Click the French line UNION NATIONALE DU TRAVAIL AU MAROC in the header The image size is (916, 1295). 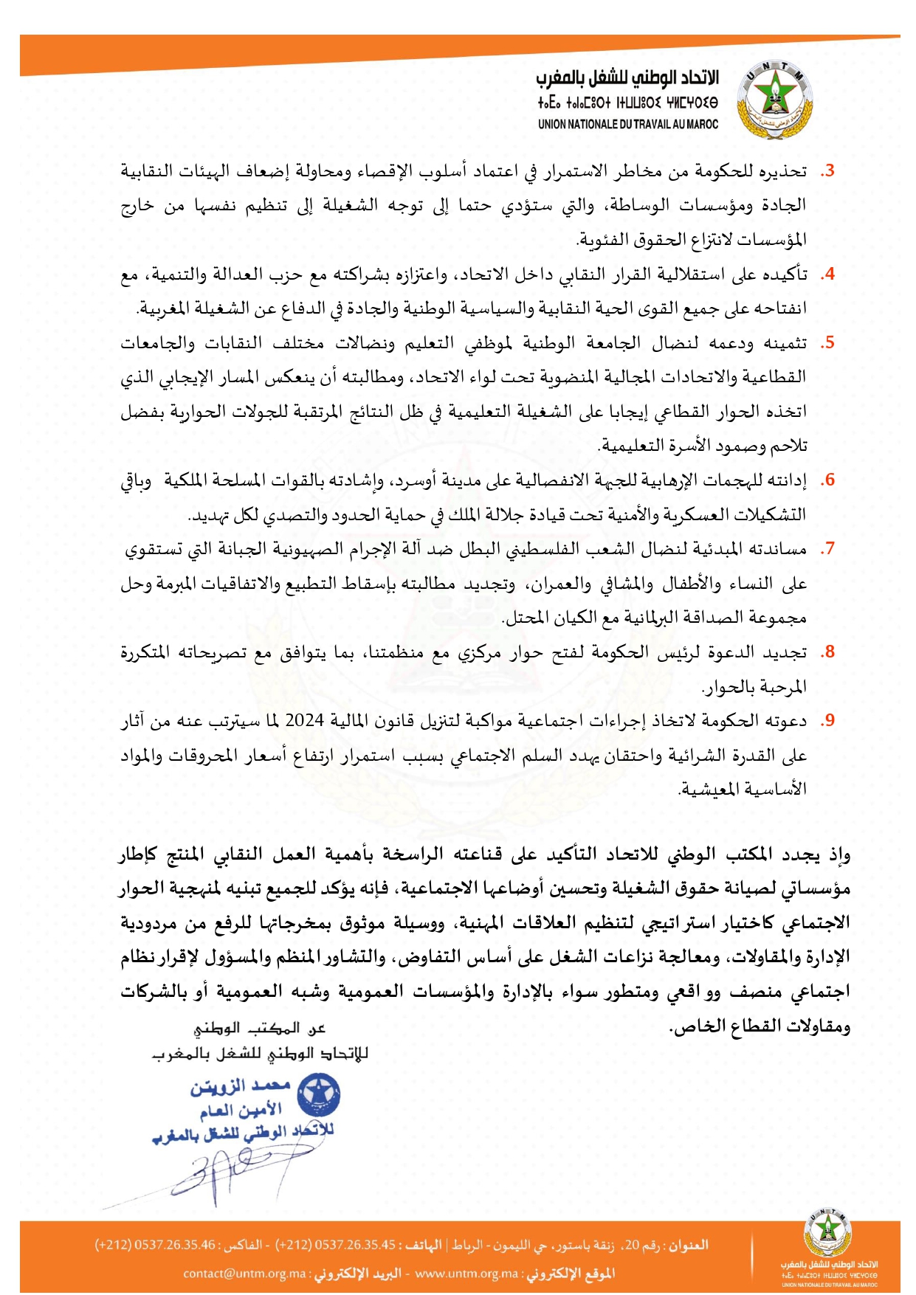click(x=627, y=125)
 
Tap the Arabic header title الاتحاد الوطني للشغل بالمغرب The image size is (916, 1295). click(x=627, y=78)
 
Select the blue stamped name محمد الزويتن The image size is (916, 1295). click(x=241, y=1087)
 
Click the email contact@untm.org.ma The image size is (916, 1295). click(x=244, y=1274)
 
